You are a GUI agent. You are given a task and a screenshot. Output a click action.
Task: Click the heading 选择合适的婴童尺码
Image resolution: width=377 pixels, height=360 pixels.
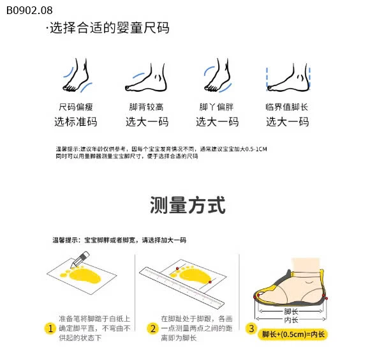pyautogui.click(x=108, y=29)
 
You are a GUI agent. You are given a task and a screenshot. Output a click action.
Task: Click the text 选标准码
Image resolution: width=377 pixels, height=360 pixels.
pyautogui.click(x=75, y=122)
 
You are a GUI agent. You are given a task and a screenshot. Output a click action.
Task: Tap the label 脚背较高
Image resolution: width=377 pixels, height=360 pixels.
pyautogui.click(x=146, y=107)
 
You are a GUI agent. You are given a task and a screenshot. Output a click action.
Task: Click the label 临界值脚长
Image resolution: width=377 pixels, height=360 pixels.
pyautogui.click(x=286, y=107)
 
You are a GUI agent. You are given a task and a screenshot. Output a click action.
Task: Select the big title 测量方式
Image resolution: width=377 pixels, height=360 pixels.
pyautogui.click(x=188, y=206)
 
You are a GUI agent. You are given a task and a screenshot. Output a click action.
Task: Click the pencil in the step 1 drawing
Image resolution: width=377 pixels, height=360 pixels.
pyautogui.click(x=81, y=259)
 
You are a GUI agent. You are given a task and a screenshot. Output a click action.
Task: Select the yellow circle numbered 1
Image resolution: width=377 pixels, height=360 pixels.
pyautogui.click(x=50, y=329)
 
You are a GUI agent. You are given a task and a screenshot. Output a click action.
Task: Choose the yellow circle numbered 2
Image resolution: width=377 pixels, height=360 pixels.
pyautogui.click(x=152, y=329)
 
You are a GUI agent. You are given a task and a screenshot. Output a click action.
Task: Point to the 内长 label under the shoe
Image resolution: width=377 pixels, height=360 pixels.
pyautogui.click(x=291, y=320)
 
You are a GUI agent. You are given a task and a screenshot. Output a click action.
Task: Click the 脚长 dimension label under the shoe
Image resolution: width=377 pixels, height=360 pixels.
pyautogui.click(x=291, y=311)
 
